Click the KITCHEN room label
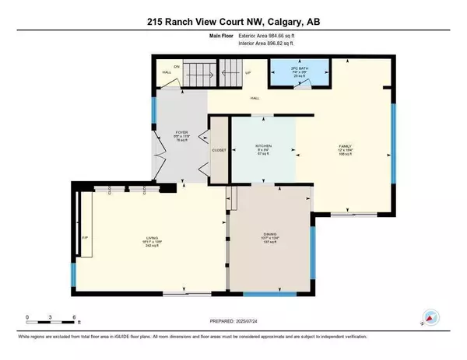pos(262,145)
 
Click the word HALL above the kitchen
pos(255,98)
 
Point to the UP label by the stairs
pos(248,72)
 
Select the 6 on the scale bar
pos(73,317)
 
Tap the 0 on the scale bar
pos(27,317)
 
